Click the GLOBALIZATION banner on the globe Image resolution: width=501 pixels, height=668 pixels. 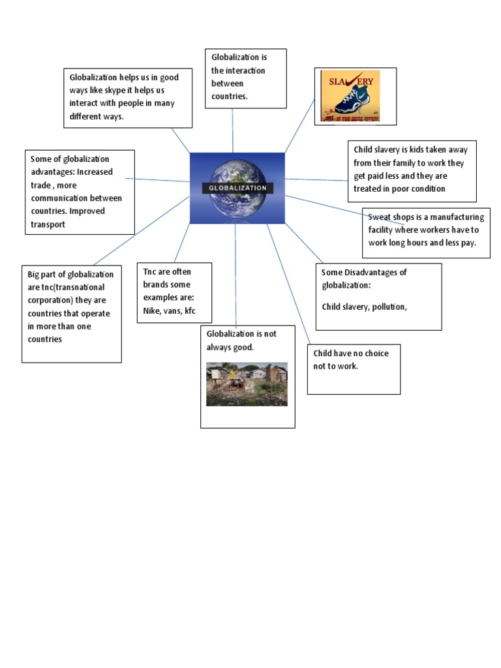point(237,188)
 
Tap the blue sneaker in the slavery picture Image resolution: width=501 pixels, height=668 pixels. point(352,99)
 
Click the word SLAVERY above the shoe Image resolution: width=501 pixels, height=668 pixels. point(351,81)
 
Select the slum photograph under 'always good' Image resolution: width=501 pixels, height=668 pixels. point(247,384)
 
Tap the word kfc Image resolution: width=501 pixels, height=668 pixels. point(190,311)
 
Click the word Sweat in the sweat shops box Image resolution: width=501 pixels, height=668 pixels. point(379,217)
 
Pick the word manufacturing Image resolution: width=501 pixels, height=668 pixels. point(457,217)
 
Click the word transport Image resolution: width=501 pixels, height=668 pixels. point(48,224)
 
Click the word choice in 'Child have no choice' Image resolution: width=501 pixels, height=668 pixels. point(376,353)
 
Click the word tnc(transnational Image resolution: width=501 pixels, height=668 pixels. point(73,287)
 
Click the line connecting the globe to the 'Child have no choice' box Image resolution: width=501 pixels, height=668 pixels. point(288,284)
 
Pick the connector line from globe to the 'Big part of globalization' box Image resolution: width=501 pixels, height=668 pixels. point(142,230)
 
